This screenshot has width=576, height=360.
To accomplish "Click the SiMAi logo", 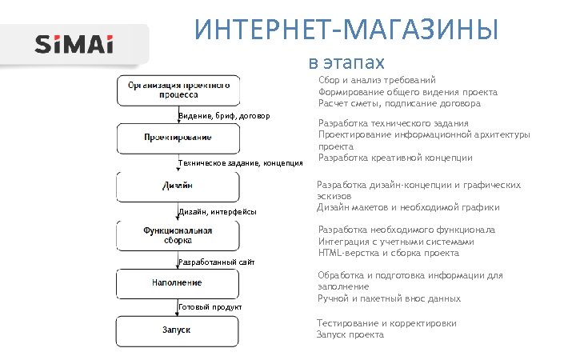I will (74, 44).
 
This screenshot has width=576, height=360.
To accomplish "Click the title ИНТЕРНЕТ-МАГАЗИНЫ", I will (346, 31).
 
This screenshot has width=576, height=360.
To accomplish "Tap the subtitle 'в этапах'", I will (346, 62).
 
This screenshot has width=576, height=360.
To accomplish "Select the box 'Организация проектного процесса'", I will (178, 89).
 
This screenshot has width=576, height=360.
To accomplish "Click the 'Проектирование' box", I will (178, 138).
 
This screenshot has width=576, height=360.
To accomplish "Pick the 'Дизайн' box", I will (178, 186).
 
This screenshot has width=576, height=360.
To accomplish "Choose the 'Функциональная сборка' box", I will (178, 234).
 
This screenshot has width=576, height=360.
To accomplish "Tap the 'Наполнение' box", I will (178, 282).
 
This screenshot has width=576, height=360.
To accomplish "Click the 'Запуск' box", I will (178, 330).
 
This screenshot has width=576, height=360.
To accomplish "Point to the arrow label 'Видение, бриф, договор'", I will (225, 116).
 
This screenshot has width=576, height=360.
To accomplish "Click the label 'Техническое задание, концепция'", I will (240, 163).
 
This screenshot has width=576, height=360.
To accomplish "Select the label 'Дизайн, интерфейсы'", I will (218, 212).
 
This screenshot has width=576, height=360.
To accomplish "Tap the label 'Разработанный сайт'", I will (216, 262).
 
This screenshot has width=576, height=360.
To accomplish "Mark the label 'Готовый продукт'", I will (210, 308).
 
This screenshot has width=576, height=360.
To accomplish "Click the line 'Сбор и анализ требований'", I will (377, 80).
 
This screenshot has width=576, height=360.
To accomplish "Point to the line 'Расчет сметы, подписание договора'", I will (399, 104).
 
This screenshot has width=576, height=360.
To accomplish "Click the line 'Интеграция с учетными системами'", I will (396, 242).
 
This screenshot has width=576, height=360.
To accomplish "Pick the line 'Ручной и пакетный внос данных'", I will (389, 298).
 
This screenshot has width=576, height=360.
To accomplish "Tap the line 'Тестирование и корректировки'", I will (387, 323).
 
